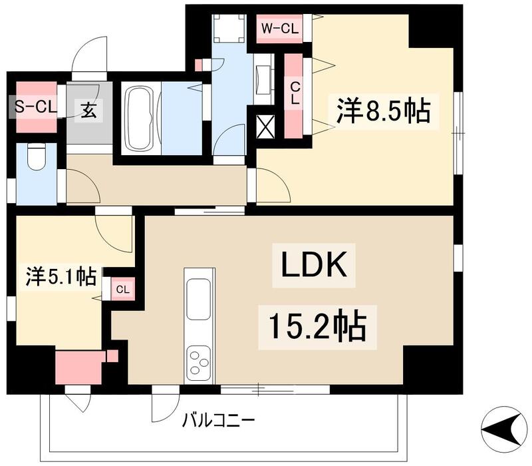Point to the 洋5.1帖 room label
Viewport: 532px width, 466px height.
click(x=61, y=275)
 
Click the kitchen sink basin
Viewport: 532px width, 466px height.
click(x=199, y=300)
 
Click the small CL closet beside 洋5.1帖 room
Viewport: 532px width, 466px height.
click(x=122, y=289)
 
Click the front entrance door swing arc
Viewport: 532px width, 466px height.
click(x=90, y=55)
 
